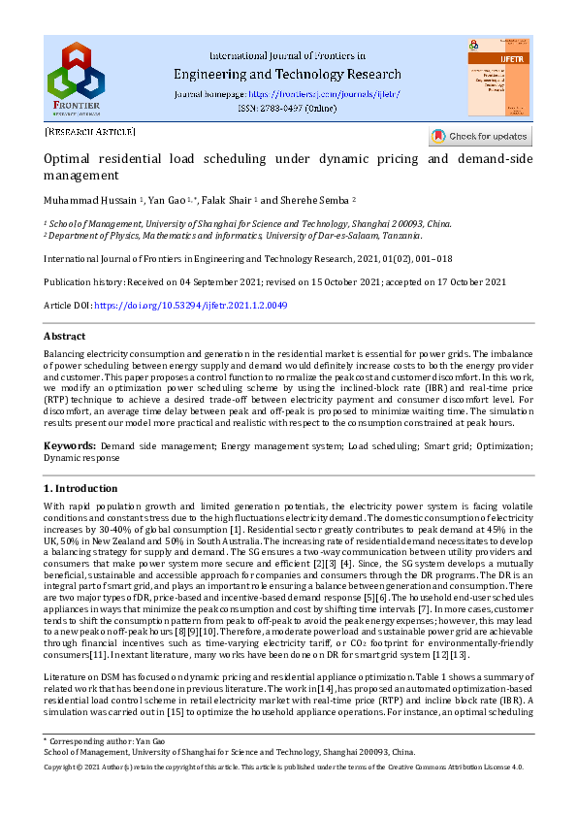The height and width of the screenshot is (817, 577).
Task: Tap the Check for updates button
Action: click(x=480, y=136)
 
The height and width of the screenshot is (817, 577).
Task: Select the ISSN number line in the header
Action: click(x=287, y=110)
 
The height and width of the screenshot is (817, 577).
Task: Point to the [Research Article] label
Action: click(x=90, y=131)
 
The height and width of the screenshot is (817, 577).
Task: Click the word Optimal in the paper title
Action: click(x=68, y=159)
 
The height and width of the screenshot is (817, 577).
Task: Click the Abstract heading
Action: click(x=65, y=336)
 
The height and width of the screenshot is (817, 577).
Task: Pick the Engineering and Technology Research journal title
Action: click(x=287, y=74)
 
